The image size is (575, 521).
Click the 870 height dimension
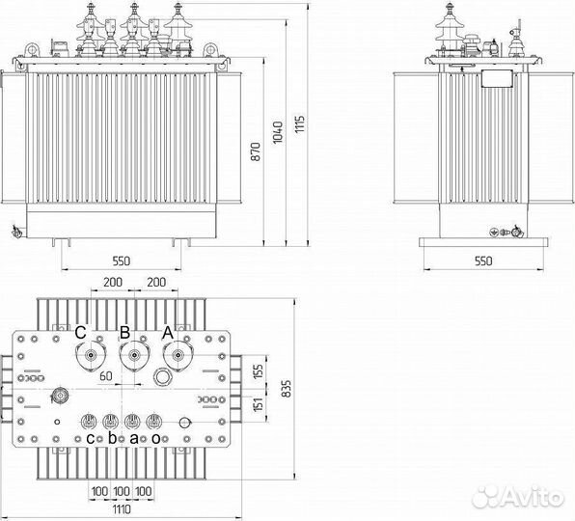[x=256, y=151]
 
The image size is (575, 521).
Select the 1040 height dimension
[x=278, y=132]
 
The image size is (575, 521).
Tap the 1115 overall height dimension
[x=300, y=123]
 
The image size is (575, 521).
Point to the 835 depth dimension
[x=287, y=388]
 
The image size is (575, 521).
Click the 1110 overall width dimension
[x=122, y=509]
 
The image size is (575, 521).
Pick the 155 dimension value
[x=259, y=372]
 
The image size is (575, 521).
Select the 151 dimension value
[x=259, y=404]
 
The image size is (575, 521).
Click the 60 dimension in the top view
[x=105, y=376]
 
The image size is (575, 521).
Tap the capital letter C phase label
[x=80, y=333]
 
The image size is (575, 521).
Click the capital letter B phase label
[x=125, y=333]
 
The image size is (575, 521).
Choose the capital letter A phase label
[x=168, y=333]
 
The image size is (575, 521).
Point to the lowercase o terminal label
[x=156, y=438]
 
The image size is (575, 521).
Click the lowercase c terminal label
[x=91, y=438]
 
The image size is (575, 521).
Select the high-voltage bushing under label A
[x=178, y=356]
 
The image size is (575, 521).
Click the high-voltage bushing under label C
[x=91, y=356]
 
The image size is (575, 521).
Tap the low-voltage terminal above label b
[x=110, y=422]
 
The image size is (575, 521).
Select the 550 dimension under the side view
[x=483, y=261]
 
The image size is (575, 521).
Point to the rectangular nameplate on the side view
[x=497, y=78]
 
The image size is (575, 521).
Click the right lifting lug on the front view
[x=210, y=50]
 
